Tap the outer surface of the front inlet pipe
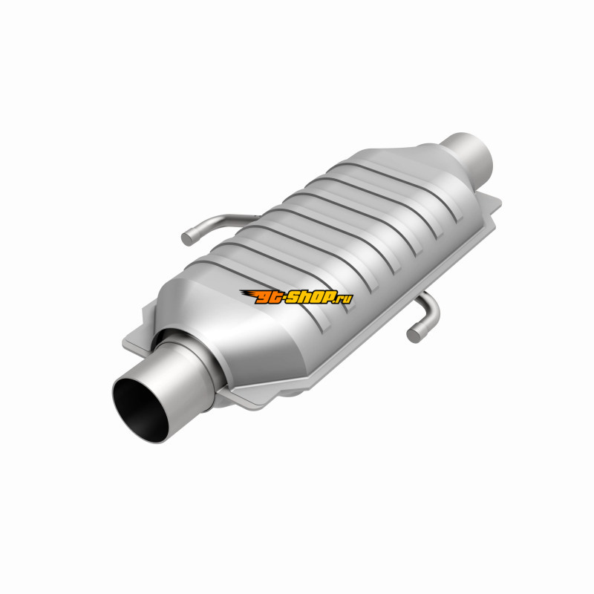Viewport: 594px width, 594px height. click(x=182, y=382)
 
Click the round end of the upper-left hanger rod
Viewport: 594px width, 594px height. click(x=187, y=238)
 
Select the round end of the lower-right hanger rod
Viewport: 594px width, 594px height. click(x=414, y=335)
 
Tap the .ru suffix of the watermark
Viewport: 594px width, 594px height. click(x=344, y=299)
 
